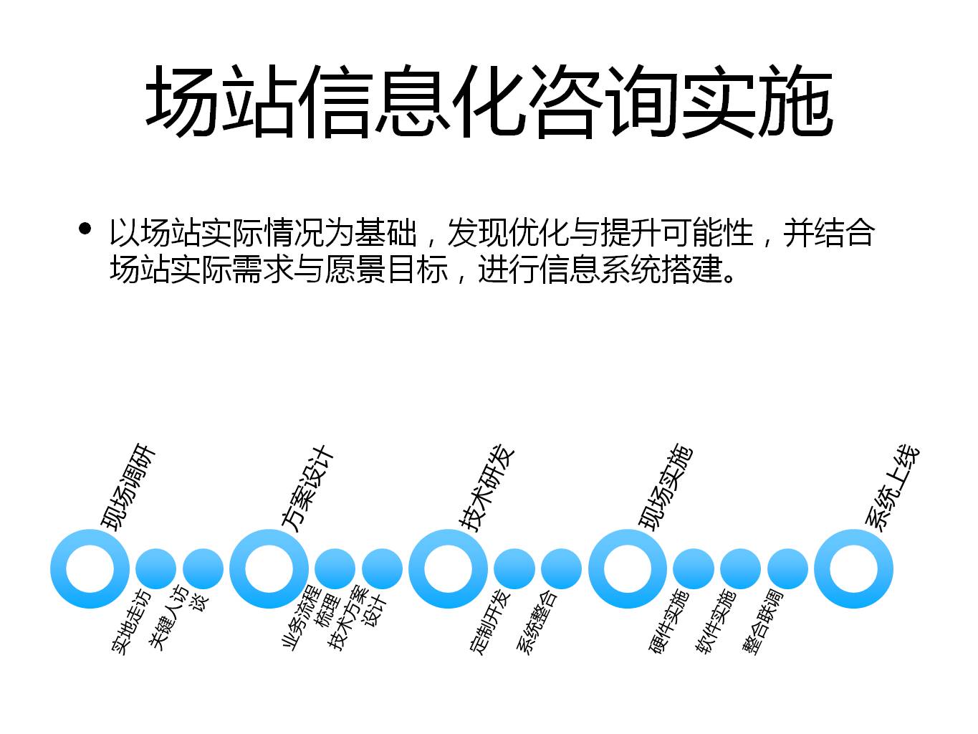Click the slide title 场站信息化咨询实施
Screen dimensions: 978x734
489,101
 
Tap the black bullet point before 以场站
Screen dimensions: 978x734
85,229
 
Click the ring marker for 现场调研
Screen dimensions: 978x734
90,568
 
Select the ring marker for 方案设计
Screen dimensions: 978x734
269,568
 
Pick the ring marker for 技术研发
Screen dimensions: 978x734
449,568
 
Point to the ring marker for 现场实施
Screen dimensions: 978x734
628,568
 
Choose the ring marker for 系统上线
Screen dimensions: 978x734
853,568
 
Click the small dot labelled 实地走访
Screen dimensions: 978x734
155,568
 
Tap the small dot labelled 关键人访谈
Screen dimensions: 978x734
203,568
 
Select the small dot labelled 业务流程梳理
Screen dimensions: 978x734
335,568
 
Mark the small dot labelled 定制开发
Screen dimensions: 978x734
514,568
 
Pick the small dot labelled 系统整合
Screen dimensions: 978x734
562,568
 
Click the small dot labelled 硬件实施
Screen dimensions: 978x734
694,568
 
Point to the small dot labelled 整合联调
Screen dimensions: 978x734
787,568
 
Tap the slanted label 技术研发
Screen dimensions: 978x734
487,487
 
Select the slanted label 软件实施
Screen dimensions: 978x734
715,621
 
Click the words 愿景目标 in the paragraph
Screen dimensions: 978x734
386,270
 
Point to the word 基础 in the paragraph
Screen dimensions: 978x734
386,233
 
